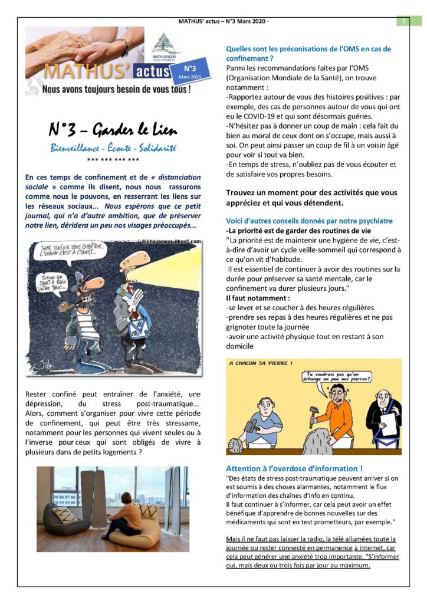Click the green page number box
coord(404,21)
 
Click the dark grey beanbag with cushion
coord(65,520)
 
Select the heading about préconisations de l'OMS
coord(308,54)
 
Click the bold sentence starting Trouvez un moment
coord(311,198)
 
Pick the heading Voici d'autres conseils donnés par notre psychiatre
coord(309,221)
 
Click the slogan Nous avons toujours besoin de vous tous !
coord(116,90)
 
